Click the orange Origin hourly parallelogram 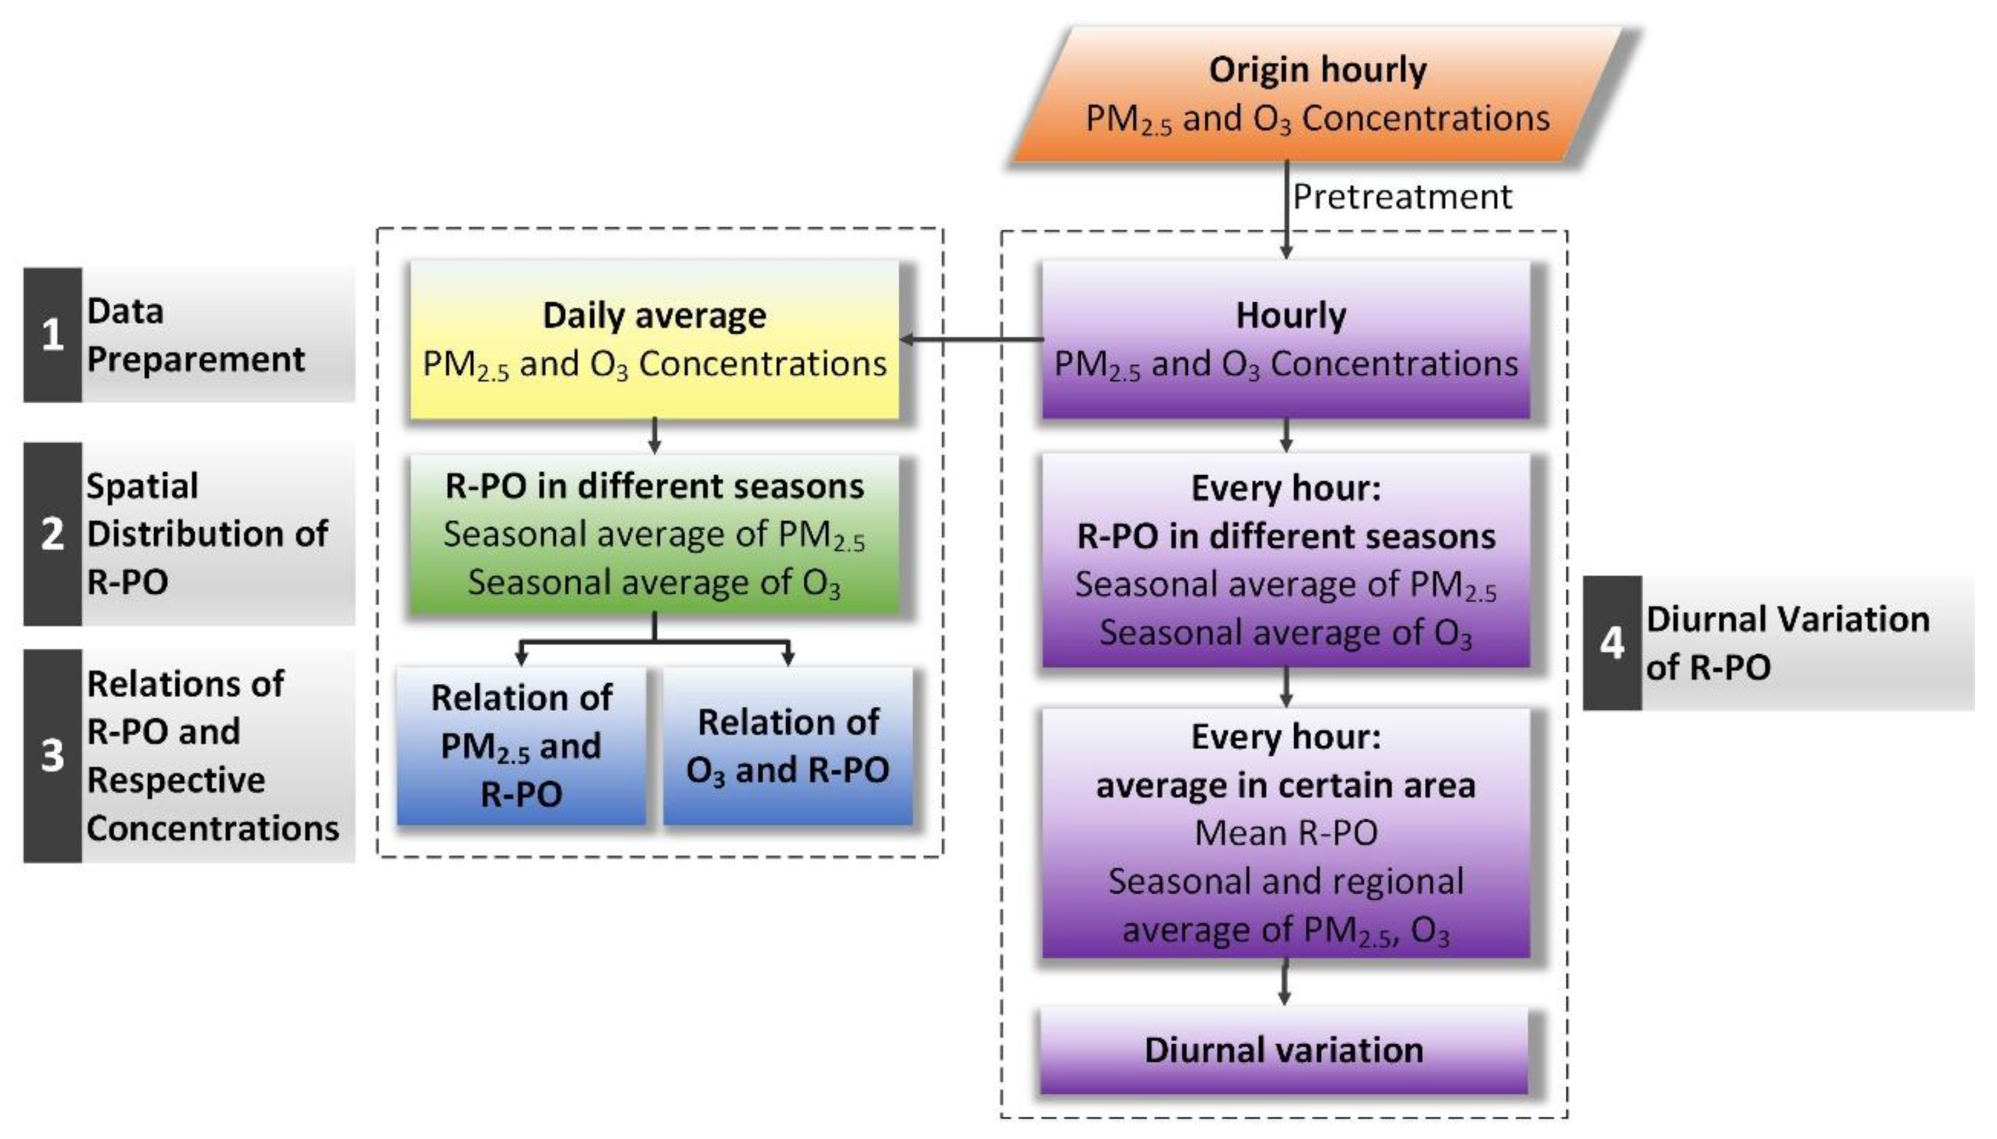tap(1317, 94)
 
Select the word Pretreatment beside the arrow tap(1402, 196)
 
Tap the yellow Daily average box tap(654, 339)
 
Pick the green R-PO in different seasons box tap(654, 534)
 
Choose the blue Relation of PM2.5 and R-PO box tap(522, 746)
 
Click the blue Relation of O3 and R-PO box tap(787, 746)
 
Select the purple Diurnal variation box tap(1284, 1050)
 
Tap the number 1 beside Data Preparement tap(52, 335)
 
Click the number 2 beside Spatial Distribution tap(52, 534)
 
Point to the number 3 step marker tap(52, 756)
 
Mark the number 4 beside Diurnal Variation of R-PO tap(1612, 643)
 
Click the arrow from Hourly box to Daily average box tap(972, 339)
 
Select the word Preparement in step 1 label tap(196, 359)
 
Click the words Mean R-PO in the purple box tap(1286, 832)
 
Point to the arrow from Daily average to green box tap(654, 437)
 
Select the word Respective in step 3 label tap(176, 780)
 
